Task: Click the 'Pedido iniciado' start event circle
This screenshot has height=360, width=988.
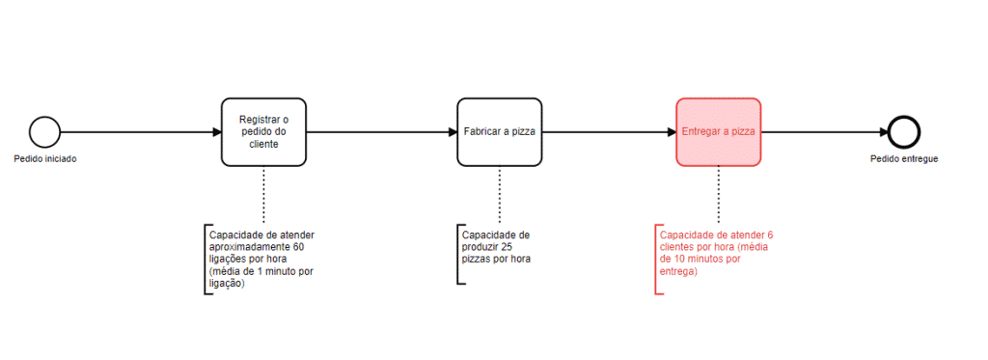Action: coord(44,131)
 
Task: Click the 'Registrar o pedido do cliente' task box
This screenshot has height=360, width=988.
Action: coord(262,131)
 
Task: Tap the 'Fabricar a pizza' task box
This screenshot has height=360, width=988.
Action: coord(499,131)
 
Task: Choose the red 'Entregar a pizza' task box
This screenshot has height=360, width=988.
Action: coord(718,131)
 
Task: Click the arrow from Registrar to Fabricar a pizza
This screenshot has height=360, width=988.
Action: coord(380,131)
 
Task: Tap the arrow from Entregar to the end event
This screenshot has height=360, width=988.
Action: coord(825,131)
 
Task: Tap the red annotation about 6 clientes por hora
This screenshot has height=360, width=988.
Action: coord(715,253)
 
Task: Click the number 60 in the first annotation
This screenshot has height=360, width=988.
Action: coord(297,247)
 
